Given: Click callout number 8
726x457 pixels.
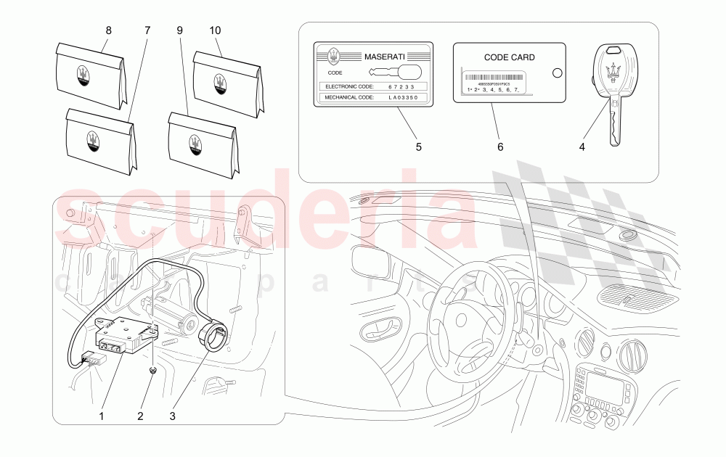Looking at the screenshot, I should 109,31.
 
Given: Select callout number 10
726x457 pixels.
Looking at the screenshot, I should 216,31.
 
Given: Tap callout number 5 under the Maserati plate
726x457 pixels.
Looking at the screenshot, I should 418,147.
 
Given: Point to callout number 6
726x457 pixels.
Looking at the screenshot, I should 500,147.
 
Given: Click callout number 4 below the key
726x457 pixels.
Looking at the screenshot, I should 582,147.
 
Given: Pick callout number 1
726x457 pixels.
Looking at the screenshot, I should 102,416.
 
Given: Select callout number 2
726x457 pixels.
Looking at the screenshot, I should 141,416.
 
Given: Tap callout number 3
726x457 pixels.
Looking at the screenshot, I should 173,416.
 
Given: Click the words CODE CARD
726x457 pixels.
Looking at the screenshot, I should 509,57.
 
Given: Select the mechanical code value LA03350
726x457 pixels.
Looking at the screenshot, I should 403,97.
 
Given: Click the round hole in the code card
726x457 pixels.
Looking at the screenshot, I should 557,73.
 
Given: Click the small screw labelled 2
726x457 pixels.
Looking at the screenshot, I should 153,371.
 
